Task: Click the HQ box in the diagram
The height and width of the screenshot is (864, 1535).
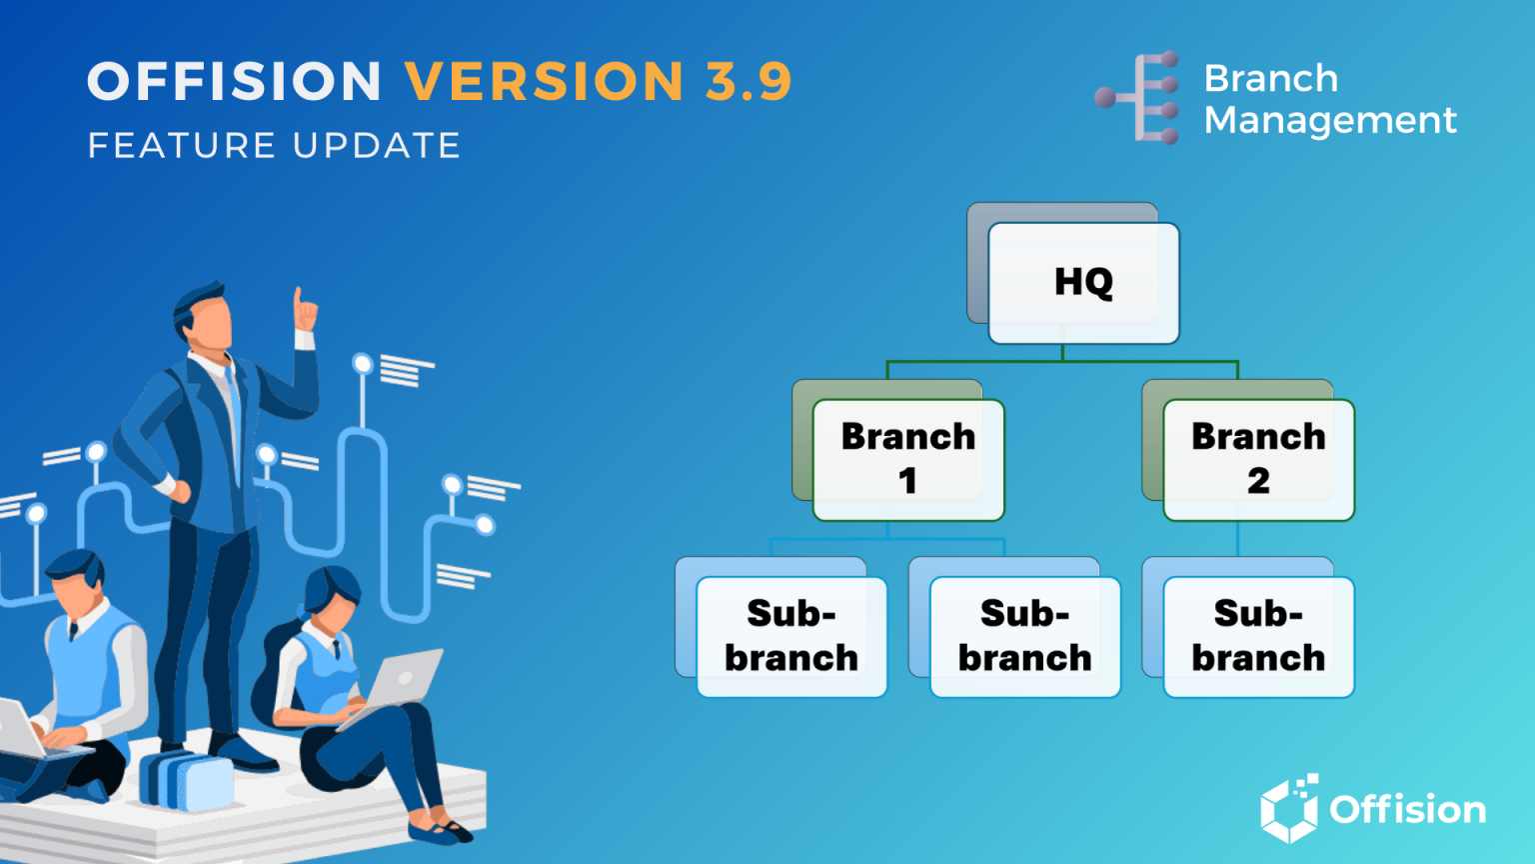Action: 1083,283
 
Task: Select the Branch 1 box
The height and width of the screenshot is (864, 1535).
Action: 907,459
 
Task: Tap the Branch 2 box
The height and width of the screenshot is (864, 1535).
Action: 1258,459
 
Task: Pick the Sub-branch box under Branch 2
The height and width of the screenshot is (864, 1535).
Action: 1258,636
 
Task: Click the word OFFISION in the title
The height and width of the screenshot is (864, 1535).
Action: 235,82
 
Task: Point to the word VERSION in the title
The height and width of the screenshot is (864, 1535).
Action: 545,82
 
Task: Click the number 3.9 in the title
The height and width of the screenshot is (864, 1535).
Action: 749,82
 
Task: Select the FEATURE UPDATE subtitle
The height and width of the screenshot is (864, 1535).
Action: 274,146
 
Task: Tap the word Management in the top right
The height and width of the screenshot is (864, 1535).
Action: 1330,121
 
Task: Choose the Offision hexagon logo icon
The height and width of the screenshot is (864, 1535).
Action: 1289,808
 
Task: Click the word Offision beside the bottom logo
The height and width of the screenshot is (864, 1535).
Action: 1407,810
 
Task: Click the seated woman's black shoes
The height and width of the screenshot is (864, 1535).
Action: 440,829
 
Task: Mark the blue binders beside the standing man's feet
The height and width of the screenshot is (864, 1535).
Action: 185,780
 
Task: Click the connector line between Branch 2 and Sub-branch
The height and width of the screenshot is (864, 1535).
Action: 1238,539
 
